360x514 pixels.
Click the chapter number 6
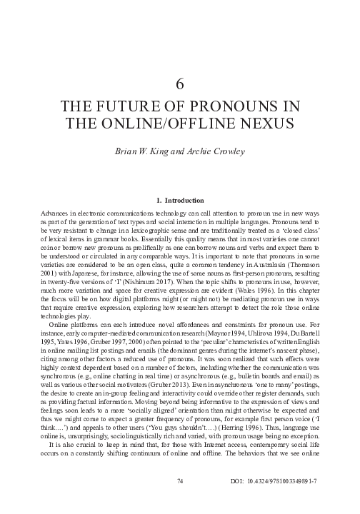180,84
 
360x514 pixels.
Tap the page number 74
180,503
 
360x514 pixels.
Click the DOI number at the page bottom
286,503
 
